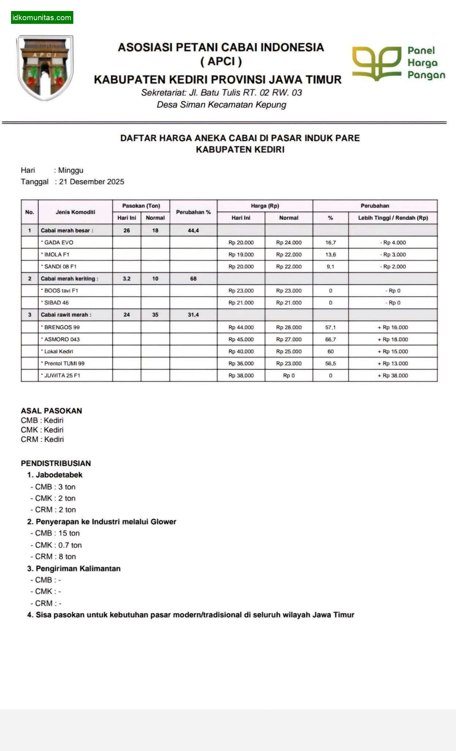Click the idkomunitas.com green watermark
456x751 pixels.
coord(42,18)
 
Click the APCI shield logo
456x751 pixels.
coord(45,67)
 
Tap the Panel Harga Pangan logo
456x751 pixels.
coord(398,63)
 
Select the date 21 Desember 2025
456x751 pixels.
coord(91,182)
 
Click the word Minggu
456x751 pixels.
coord(71,170)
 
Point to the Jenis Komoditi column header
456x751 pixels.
coord(75,212)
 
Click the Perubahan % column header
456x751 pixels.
coord(193,212)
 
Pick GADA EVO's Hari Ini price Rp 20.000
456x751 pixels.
coord(241,242)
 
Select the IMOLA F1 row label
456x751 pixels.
coord(56,254)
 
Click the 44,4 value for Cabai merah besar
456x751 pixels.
coord(193,230)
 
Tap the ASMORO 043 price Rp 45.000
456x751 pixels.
coord(241,339)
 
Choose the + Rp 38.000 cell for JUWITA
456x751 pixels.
coord(393,375)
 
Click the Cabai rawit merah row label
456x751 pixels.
coord(66,315)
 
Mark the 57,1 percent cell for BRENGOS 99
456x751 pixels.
coord(330,327)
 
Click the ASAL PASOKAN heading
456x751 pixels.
coord(51,411)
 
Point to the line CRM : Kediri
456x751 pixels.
coord(42,439)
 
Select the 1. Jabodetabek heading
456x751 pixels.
coord(55,475)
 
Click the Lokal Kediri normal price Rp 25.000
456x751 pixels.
coord(288,351)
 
